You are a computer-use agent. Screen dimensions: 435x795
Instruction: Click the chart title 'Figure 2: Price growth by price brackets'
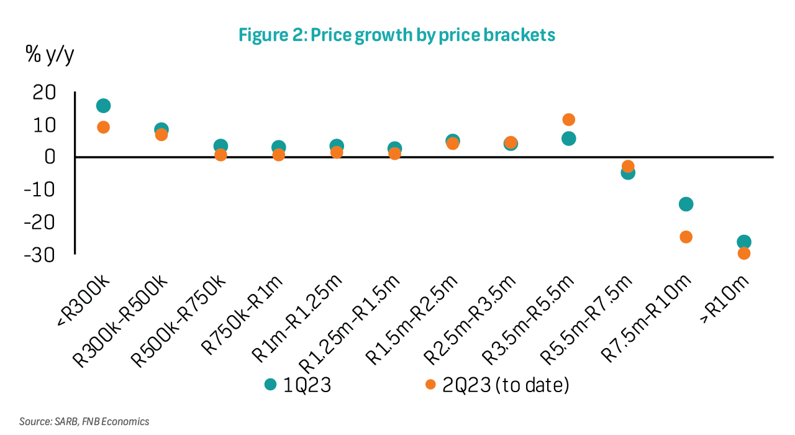click(x=397, y=35)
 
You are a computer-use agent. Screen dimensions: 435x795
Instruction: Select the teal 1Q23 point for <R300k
click(x=104, y=106)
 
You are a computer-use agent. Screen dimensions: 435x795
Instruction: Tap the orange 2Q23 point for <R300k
click(x=104, y=127)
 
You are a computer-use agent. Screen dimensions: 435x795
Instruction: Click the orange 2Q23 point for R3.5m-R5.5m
click(x=568, y=119)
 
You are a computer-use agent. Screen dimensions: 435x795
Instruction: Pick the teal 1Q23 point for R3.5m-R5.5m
click(x=568, y=139)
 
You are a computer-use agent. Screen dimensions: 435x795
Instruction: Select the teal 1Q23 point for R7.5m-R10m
click(x=686, y=204)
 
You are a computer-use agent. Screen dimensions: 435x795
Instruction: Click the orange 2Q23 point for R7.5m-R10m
click(x=686, y=237)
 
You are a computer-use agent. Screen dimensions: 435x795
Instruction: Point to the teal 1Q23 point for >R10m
click(x=743, y=242)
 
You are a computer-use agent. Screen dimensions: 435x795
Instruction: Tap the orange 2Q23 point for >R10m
click(x=743, y=254)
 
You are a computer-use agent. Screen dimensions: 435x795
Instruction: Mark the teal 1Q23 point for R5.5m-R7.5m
click(x=628, y=173)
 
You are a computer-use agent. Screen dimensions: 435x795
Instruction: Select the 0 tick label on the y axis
click(x=50, y=157)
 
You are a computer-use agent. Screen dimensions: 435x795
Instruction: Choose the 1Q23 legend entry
click(x=298, y=385)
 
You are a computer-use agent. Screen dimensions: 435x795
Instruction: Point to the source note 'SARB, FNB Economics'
click(x=84, y=421)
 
